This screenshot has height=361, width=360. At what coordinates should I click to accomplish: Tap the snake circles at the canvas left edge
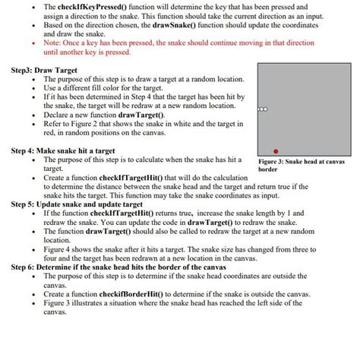(x=262, y=109)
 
